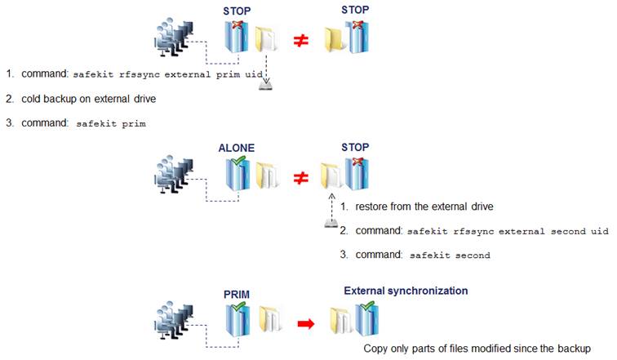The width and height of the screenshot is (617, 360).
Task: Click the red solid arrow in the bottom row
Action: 304,325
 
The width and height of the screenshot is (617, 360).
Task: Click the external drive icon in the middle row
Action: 330,223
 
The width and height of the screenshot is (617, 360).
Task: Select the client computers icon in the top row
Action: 175,38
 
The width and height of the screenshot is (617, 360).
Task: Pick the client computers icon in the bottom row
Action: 175,322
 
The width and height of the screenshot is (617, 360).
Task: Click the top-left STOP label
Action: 237,11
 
